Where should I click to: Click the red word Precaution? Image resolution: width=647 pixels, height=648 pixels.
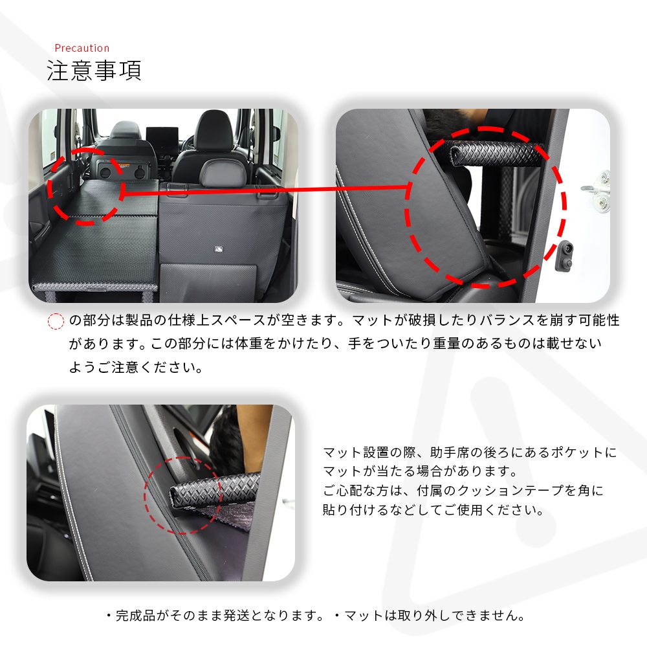click(82, 49)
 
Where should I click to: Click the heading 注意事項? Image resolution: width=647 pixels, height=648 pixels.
click(94, 71)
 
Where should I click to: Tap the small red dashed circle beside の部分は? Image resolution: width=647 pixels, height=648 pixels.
click(56, 321)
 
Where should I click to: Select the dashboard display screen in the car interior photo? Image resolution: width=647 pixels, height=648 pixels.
click(162, 135)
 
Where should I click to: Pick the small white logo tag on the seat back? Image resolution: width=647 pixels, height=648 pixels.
click(219, 249)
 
